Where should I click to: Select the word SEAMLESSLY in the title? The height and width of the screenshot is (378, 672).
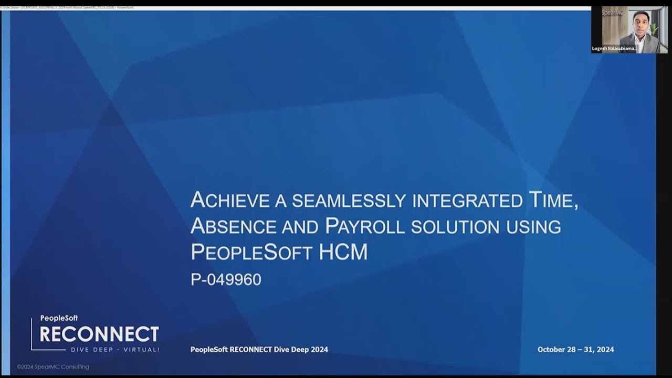[349, 201]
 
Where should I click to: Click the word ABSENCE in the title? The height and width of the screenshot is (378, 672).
[233, 226]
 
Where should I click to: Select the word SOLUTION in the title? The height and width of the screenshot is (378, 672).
[455, 227]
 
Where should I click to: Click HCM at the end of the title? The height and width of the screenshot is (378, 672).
[343, 253]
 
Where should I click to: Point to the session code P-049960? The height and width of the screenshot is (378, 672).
[226, 280]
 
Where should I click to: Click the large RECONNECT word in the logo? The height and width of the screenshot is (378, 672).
[99, 334]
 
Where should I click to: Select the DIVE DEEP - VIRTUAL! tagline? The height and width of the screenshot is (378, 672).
[115, 349]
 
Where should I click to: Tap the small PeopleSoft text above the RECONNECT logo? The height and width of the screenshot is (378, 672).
[59, 318]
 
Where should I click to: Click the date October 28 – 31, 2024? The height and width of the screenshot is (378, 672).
[575, 350]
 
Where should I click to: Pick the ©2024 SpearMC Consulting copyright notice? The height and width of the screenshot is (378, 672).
[53, 367]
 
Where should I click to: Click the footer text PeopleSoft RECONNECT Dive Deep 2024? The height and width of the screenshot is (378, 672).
[259, 350]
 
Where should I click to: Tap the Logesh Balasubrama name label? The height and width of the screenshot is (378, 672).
[615, 48]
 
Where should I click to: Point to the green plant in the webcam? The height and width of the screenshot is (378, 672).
[654, 29]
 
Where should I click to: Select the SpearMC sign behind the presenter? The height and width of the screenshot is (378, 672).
[612, 13]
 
